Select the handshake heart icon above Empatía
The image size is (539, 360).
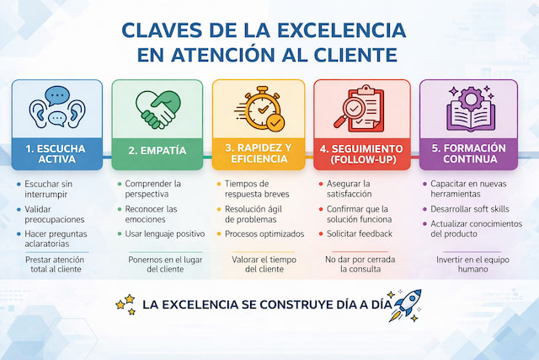tap(157, 108)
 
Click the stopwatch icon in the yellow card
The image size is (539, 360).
tap(260, 109)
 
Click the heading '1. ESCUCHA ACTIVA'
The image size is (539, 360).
tap(56, 153)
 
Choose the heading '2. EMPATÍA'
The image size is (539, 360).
tap(157, 153)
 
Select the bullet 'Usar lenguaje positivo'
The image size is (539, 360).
tap(165, 233)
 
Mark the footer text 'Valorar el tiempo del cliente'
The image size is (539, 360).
tap(259, 263)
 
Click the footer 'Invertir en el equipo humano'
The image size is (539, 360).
tap(462, 263)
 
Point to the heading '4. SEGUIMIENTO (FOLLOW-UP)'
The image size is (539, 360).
tap(361, 153)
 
